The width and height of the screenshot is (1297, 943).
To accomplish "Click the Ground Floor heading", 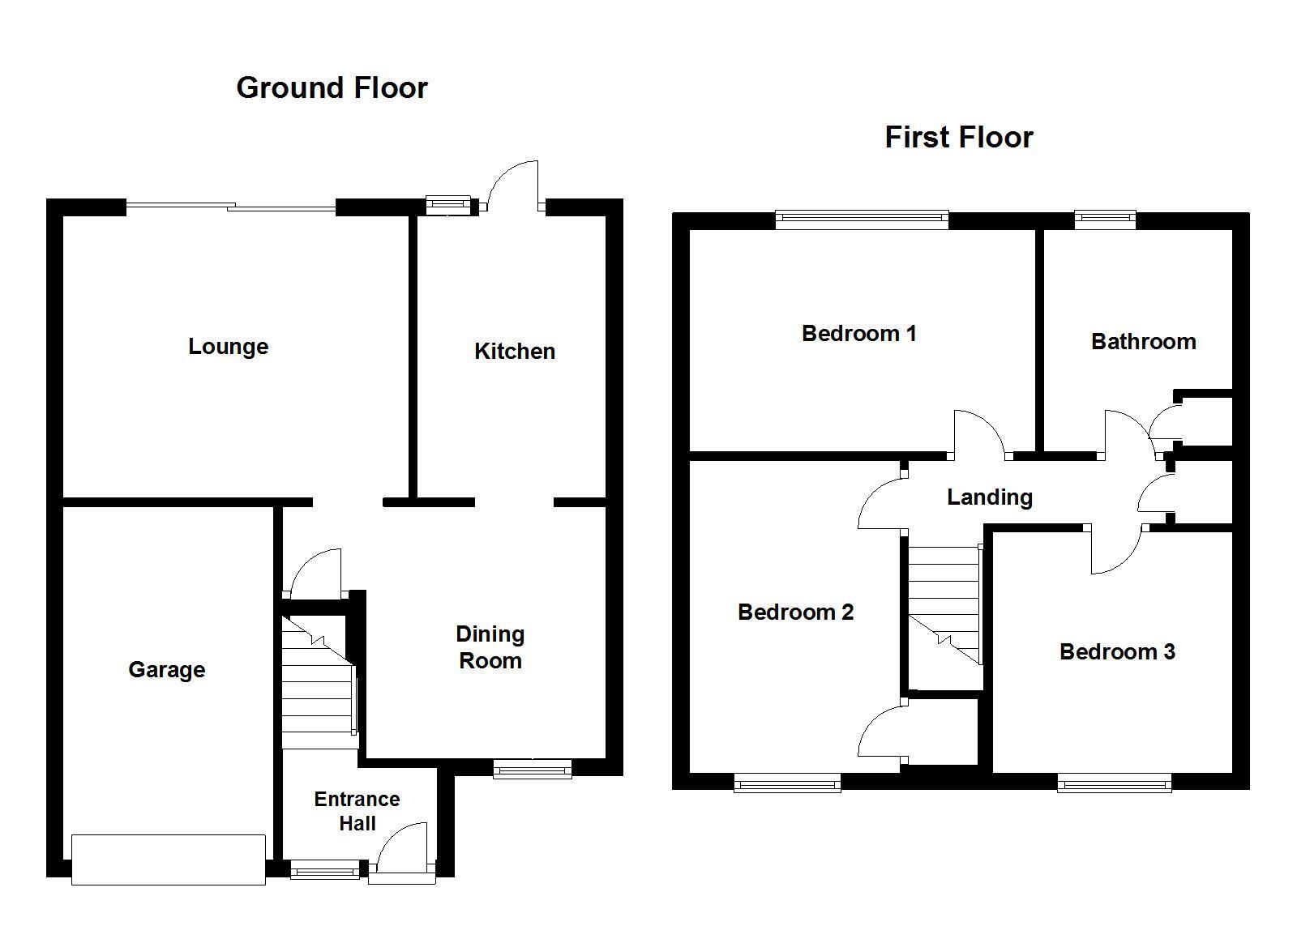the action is (x=332, y=88).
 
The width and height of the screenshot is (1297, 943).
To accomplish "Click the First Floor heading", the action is (x=959, y=138).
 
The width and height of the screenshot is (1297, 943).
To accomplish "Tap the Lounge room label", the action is (x=228, y=347).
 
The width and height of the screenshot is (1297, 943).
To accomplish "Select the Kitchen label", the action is (x=515, y=351).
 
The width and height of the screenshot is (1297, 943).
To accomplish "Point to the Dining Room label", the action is (x=490, y=647).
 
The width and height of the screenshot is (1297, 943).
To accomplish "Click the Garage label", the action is (x=167, y=670).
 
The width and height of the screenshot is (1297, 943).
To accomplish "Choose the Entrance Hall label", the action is (x=357, y=811).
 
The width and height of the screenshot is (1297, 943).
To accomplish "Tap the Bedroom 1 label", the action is (x=858, y=333).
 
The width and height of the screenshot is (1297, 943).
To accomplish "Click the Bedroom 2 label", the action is (x=795, y=612).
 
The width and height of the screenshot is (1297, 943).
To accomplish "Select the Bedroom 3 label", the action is (x=1118, y=652).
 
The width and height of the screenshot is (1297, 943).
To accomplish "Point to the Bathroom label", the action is (x=1144, y=342).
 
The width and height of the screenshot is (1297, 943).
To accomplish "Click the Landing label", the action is (x=990, y=497).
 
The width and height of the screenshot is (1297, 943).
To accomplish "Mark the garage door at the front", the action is (x=169, y=860).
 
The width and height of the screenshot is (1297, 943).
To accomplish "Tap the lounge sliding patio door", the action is (x=231, y=206).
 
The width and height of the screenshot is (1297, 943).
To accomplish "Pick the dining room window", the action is (x=532, y=769).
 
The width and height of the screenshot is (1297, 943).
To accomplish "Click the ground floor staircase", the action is (x=319, y=682).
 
